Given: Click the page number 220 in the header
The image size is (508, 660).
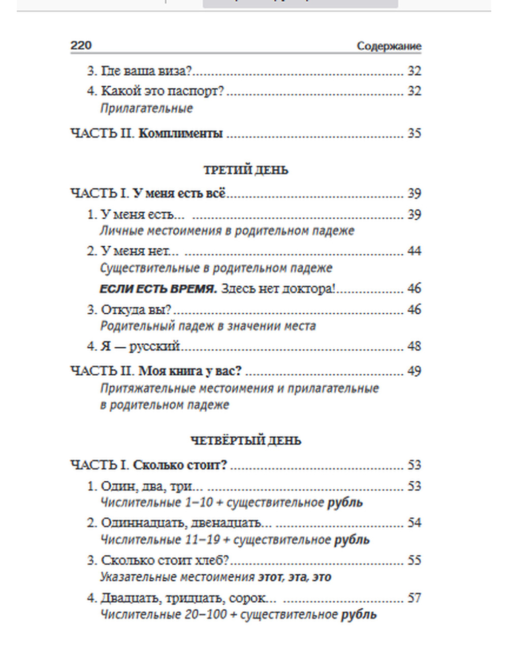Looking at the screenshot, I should tap(81, 46).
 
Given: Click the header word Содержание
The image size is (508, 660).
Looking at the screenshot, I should tap(389, 46).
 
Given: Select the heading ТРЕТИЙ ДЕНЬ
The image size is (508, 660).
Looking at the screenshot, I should tap(246, 170).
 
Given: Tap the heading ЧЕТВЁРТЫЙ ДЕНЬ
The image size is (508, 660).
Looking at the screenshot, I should tap(246, 441).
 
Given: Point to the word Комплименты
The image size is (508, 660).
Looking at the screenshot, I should tap(180, 134).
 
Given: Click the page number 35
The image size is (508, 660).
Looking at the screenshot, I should tap(414, 134).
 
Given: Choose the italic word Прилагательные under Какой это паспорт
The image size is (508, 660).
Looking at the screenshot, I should tap(146, 108).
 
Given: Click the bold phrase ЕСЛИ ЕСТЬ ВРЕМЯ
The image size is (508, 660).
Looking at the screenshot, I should tap(158, 289).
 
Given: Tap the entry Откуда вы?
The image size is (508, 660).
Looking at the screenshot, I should tap(136, 310).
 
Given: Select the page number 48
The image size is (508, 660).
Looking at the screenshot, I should tap(414, 346).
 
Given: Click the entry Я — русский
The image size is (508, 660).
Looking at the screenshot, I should tap(140, 346).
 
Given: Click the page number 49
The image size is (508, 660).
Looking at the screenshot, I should tap(414, 371).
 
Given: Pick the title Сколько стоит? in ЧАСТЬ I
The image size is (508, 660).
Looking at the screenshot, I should tap(180, 465).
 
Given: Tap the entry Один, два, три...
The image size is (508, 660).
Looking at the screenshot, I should tap(146, 486).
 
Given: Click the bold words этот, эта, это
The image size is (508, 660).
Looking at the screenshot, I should tap(295, 577).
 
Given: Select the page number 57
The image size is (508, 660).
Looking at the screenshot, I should tap(414, 598).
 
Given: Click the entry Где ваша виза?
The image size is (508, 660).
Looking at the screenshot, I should tap(146, 71).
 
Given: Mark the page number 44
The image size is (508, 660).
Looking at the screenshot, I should tap(414, 251).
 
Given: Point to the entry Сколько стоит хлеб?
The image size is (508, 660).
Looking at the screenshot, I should tap(165, 560).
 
